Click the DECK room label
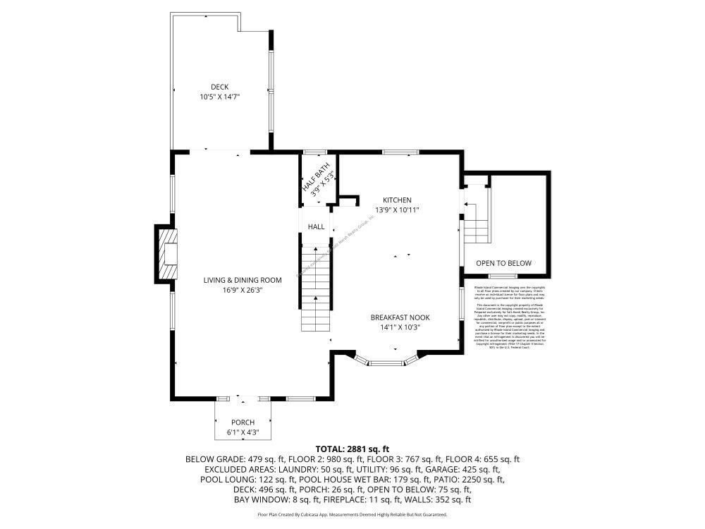[x=219, y=87]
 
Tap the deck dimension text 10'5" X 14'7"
[x=219, y=97]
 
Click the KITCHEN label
[x=397, y=200]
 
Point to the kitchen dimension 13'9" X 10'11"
[x=397, y=209]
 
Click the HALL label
[x=316, y=227]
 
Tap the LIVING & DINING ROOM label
[x=243, y=280]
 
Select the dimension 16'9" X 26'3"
[x=243, y=290]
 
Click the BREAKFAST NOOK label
[x=400, y=317]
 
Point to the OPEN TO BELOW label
[x=503, y=263]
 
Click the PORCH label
[x=243, y=422]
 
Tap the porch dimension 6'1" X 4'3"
[x=243, y=432]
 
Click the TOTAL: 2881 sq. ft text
[x=352, y=449]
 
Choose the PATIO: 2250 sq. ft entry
[x=471, y=480]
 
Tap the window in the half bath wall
[x=310, y=152]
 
